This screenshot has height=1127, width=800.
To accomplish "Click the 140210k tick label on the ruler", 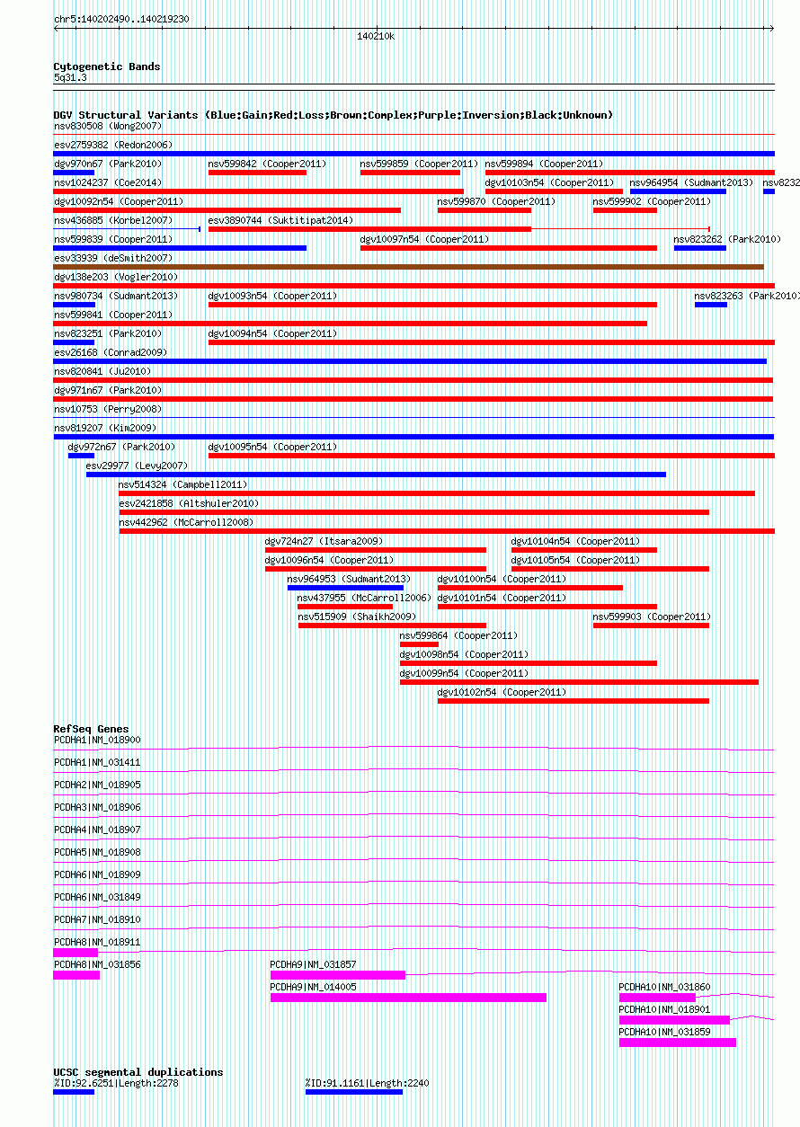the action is (376, 36).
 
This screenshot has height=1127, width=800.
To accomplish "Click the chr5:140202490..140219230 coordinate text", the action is (121, 19).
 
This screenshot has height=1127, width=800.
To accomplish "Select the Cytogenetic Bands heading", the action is (107, 67).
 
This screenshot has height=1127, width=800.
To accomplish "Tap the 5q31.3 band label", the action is (70, 77).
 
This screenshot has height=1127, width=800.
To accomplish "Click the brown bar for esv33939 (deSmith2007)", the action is (409, 267).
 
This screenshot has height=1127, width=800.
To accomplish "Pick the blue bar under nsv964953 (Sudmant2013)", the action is (346, 588).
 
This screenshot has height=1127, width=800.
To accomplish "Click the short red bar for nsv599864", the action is (419, 644).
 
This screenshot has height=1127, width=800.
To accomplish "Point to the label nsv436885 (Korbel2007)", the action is (113, 220).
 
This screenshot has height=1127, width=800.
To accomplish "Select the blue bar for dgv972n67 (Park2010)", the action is (82, 456).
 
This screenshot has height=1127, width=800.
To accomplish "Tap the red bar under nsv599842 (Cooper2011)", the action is (258, 173).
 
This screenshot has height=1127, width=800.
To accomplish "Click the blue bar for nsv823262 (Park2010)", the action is (700, 248).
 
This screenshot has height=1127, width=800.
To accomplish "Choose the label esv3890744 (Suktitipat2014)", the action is (280, 220).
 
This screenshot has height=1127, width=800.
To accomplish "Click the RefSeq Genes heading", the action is (91, 729).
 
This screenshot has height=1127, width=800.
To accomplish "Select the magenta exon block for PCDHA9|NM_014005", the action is (409, 998).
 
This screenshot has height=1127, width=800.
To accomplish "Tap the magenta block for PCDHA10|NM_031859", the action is (678, 1043).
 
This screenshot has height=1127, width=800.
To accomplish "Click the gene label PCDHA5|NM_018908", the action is (98, 852).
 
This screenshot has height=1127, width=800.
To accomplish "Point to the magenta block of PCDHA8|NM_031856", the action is (76, 975).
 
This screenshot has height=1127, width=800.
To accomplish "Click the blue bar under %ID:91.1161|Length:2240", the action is (354, 1092).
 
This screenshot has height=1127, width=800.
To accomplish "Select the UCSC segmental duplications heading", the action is (138, 1072).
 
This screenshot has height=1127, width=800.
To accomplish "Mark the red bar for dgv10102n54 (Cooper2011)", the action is (573, 701).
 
